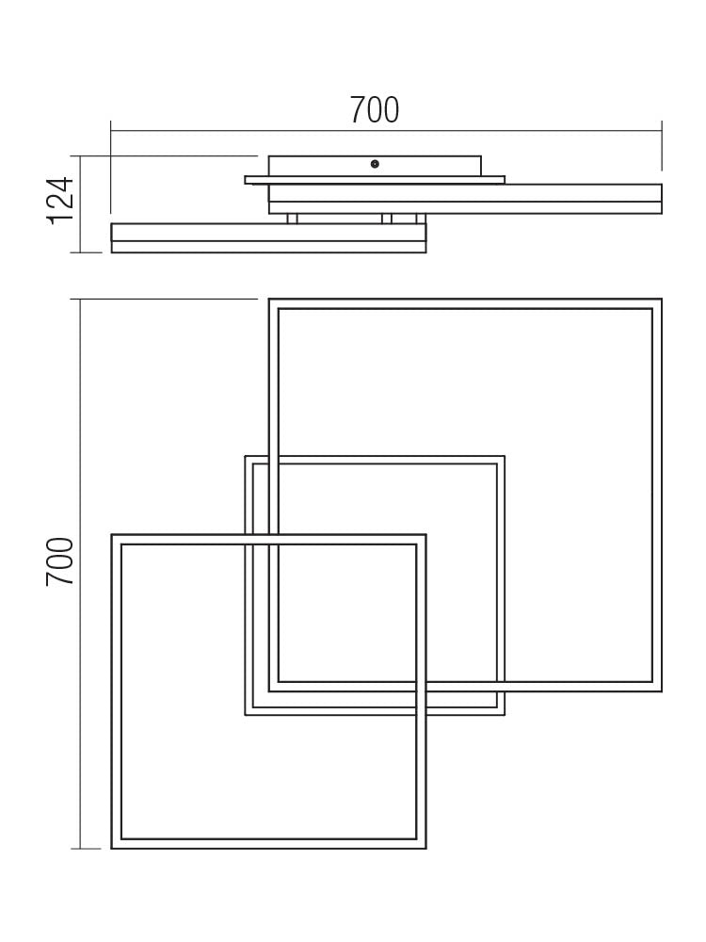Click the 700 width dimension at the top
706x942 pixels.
coord(375,110)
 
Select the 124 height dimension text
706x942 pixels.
coord(60,200)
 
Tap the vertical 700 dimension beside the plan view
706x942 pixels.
coord(60,561)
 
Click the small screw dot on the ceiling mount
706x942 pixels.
coord(375,164)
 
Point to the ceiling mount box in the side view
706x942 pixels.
coord(375,166)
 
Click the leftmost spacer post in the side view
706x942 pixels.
coord(292,219)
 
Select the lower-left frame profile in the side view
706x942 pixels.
coord(268,237)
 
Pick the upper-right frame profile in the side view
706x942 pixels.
coord(465,198)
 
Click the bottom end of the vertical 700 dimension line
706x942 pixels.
coord(80,849)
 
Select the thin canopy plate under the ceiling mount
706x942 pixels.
coord(375,180)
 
